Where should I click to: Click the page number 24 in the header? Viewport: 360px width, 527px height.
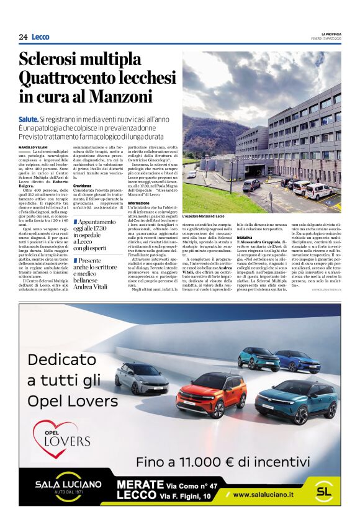[x=23, y=37]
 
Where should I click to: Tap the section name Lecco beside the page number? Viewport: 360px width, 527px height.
[x=40, y=37]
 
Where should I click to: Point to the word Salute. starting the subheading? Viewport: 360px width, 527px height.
[x=28, y=119]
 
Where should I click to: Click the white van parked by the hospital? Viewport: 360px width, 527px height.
[x=320, y=190]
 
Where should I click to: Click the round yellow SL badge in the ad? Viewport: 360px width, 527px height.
[x=323, y=490]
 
